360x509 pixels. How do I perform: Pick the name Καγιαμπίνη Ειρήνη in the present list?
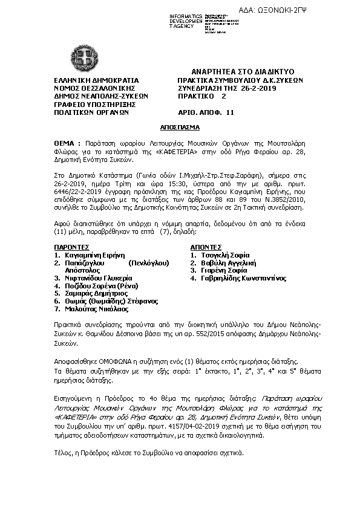97,255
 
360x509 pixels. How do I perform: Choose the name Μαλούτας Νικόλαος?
96,308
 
